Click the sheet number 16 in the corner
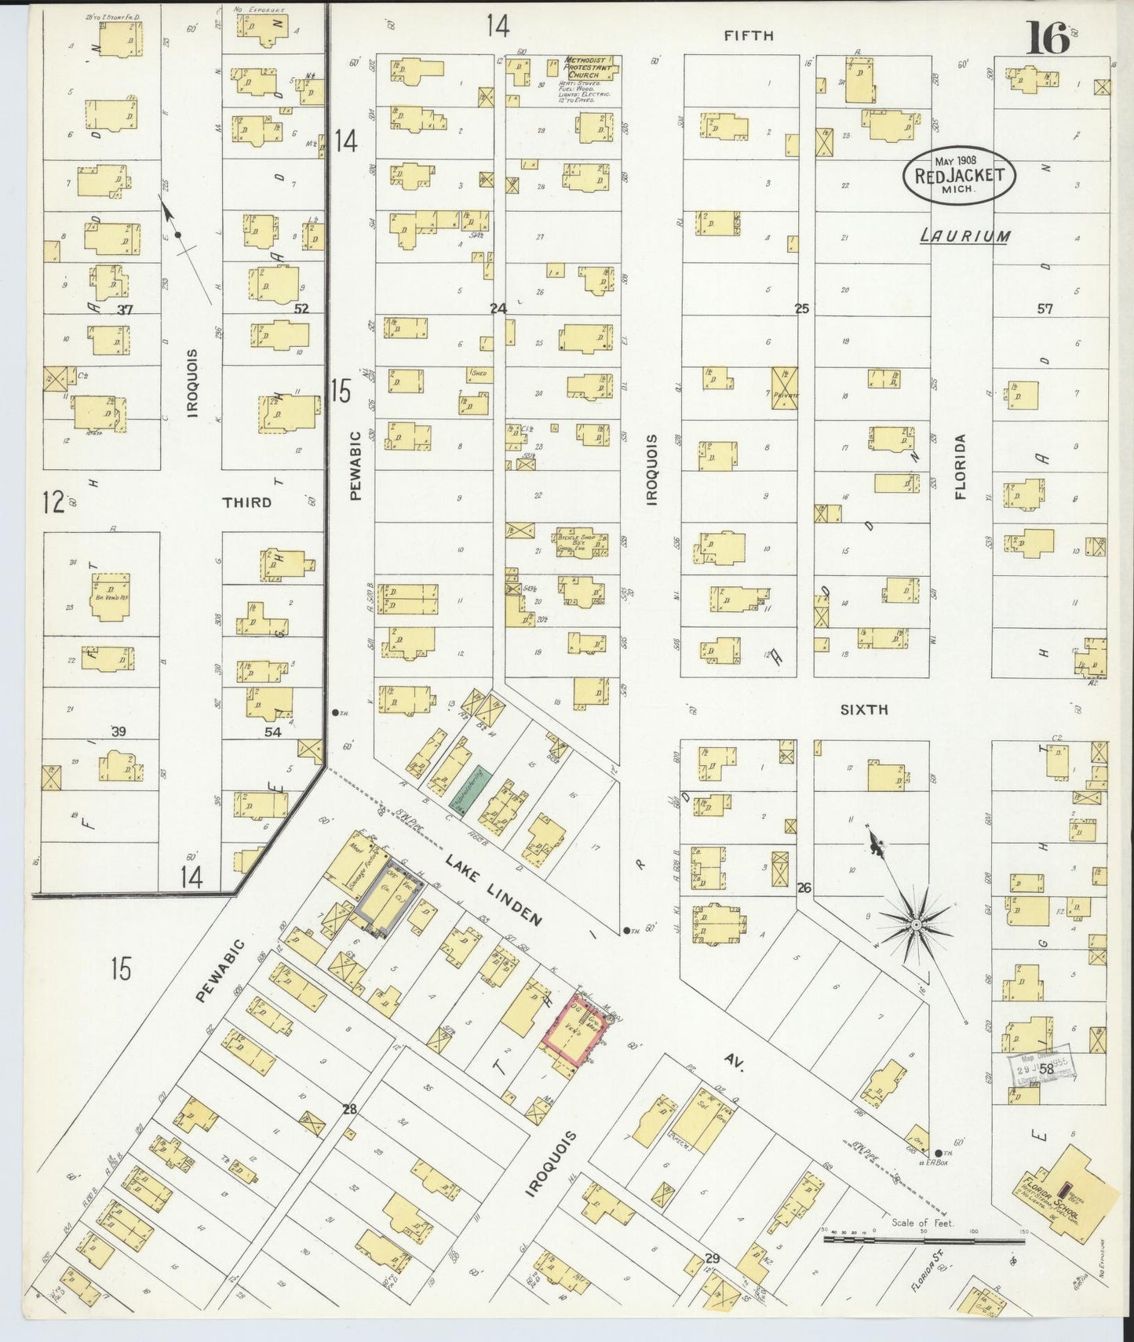[1048, 38]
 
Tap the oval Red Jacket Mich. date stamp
[959, 176]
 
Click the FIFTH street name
[749, 35]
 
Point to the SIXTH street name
[863, 709]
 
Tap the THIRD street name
[246, 502]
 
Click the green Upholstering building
[470, 789]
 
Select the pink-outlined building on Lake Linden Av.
[574, 1035]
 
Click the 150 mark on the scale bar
[1022, 1231]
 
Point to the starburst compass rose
[915, 926]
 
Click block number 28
[349, 1109]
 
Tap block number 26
[804, 888]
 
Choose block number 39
[119, 731]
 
